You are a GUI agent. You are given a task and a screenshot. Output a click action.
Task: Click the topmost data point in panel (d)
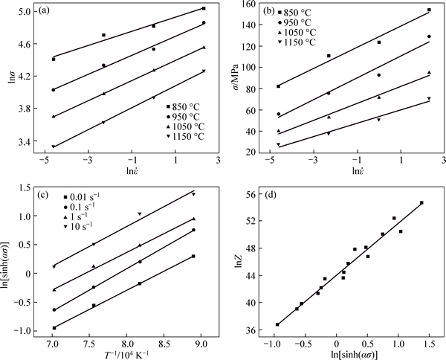pos(421,202)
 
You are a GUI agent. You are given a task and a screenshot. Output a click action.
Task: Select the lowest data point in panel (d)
pos(277,324)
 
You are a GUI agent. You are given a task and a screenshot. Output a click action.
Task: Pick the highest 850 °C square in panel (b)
pos(429,10)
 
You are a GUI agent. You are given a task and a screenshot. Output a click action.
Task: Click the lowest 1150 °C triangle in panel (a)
pos(53,147)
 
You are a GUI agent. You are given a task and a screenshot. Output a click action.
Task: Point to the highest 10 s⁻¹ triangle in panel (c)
pos(193,194)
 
